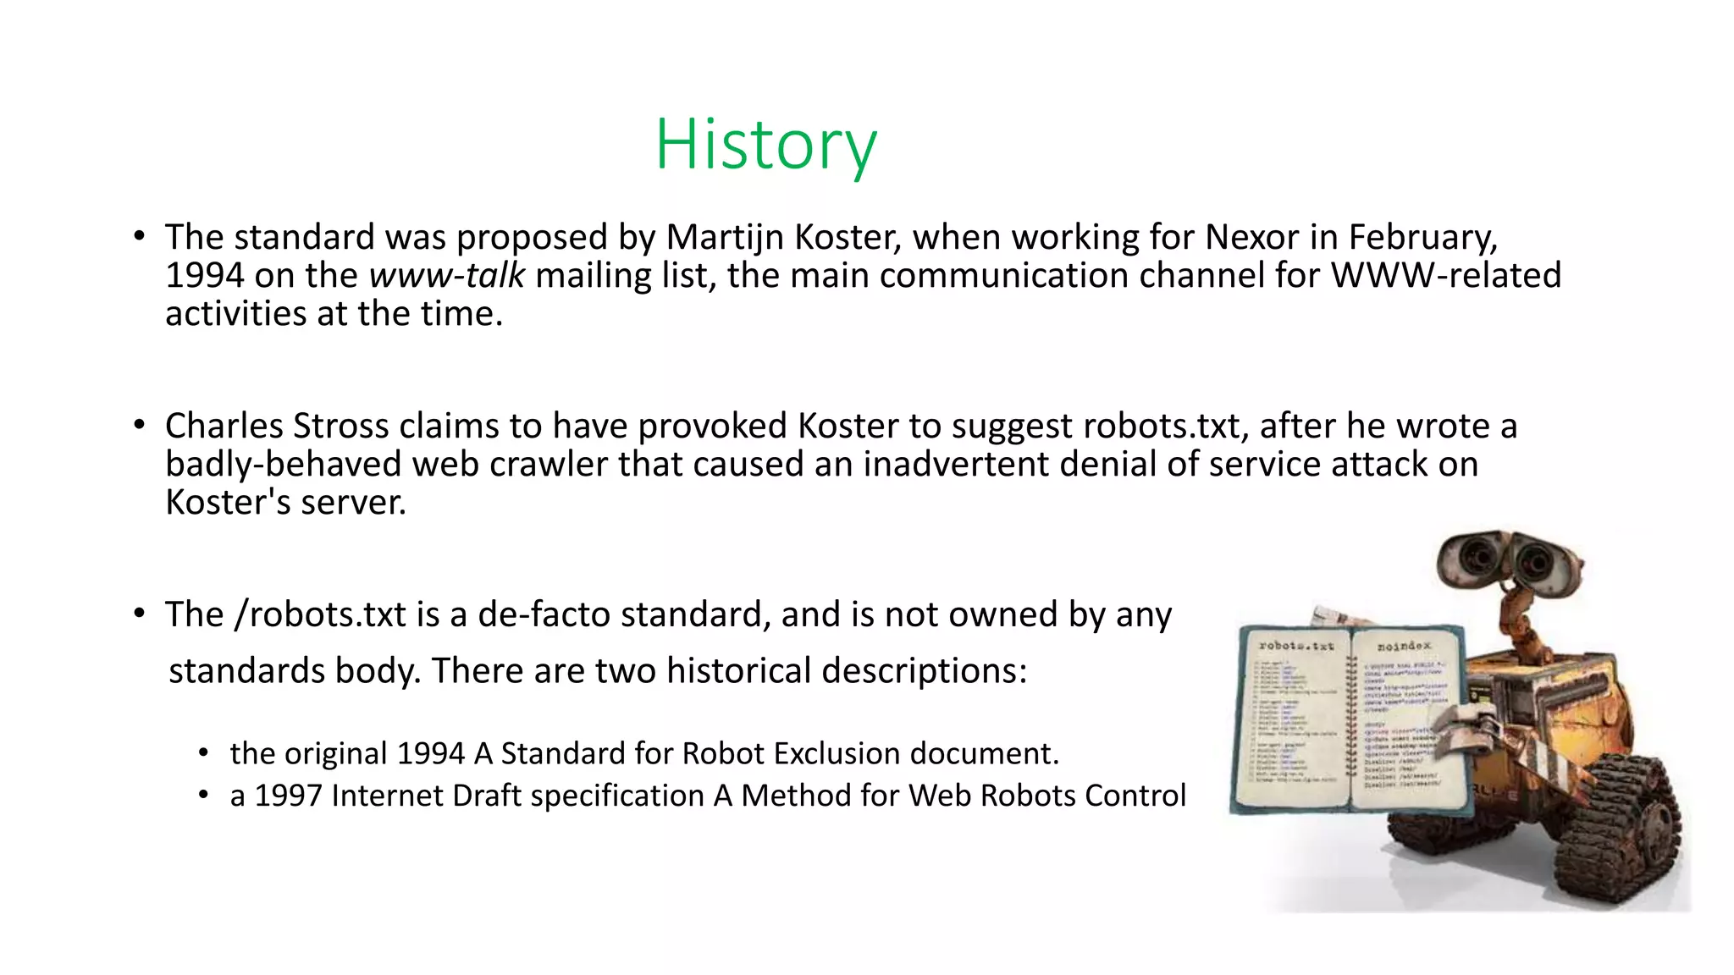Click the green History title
[766, 145]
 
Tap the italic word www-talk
[447, 276]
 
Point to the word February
[1422, 238]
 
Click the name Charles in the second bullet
[224, 426]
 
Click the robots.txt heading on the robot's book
[1295, 646]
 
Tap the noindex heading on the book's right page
[1404, 647]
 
